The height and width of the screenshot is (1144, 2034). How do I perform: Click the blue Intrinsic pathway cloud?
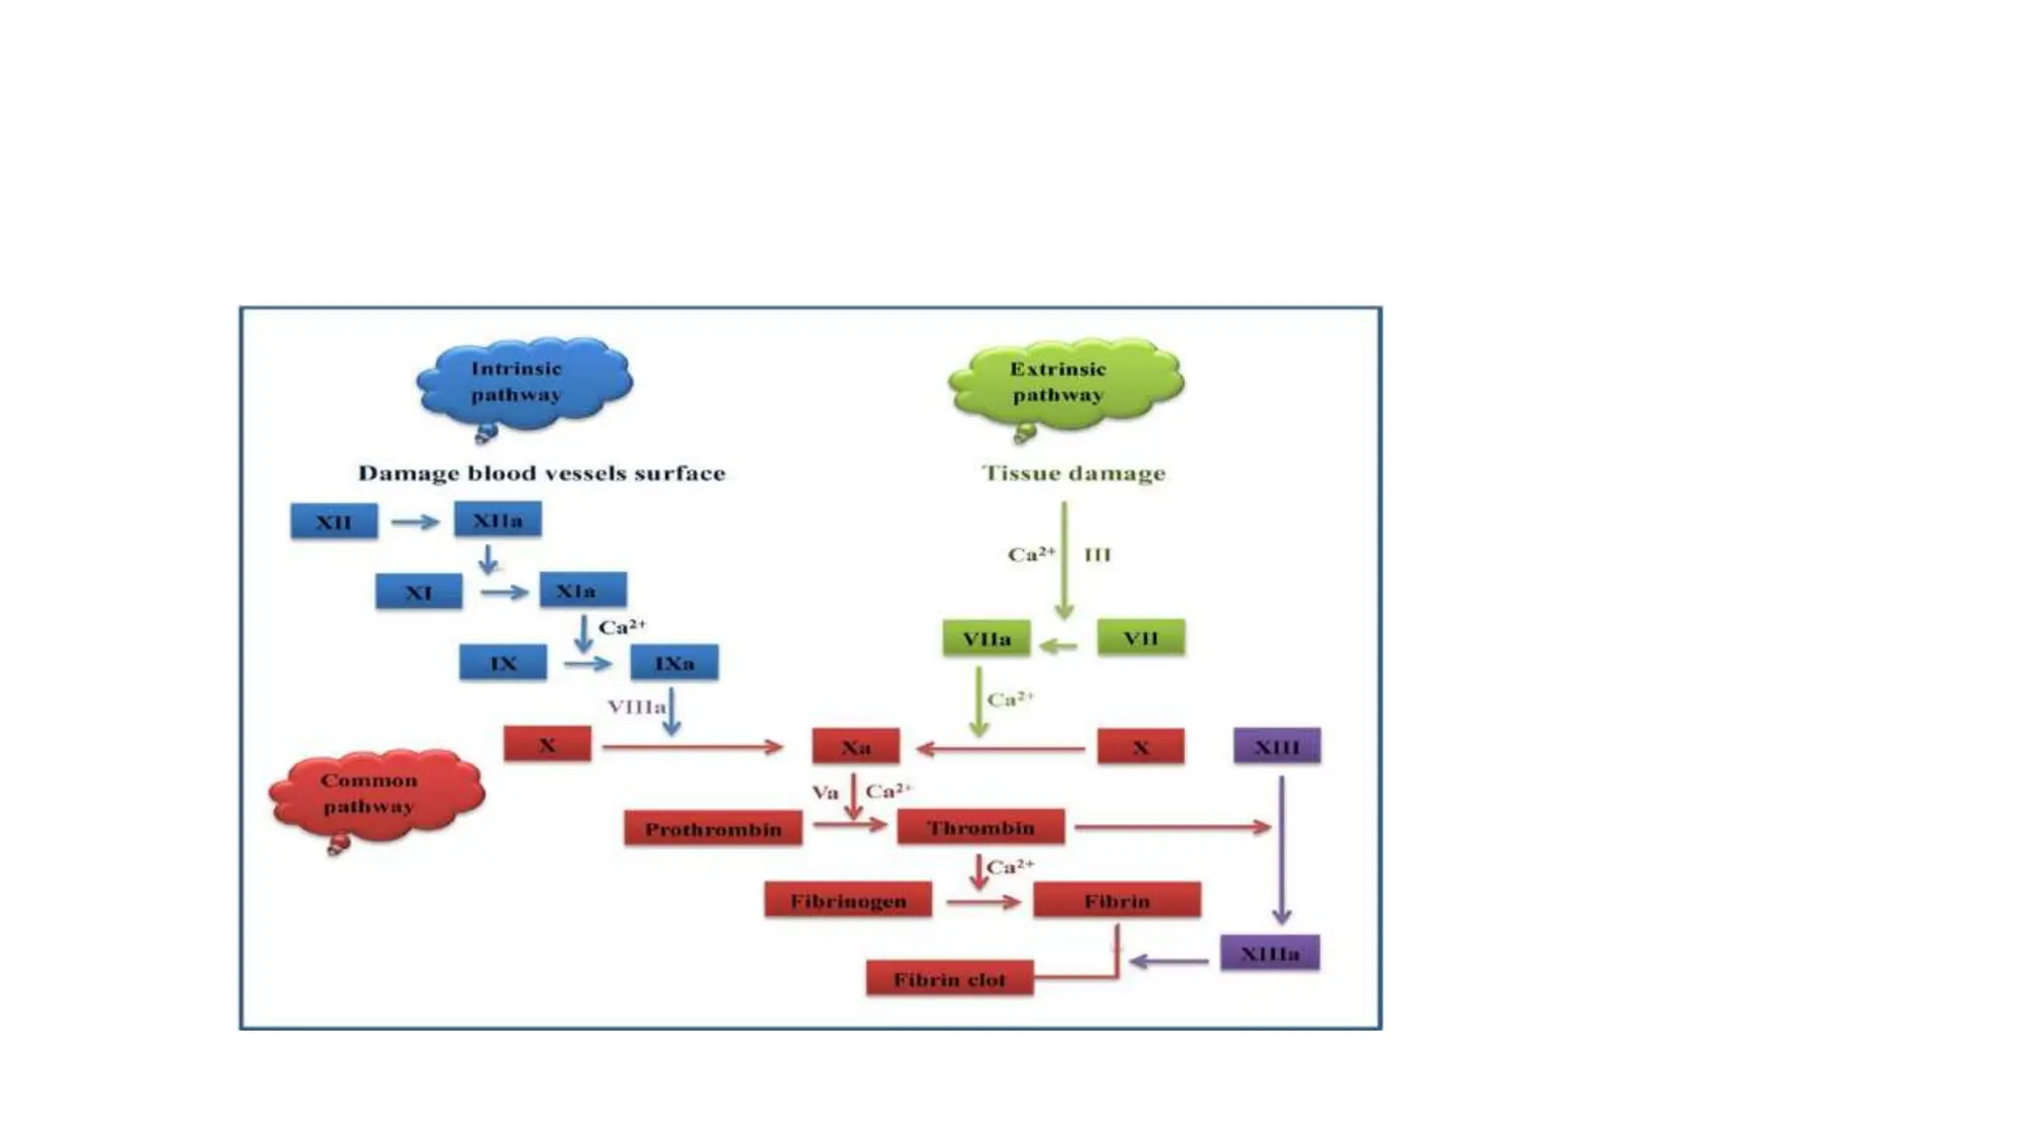(523, 383)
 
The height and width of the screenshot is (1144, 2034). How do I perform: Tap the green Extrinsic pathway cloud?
(1063, 383)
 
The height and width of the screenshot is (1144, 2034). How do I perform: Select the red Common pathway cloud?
(374, 793)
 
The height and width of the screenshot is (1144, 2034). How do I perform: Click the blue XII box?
(334, 521)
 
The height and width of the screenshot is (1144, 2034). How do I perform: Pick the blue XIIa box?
(498, 519)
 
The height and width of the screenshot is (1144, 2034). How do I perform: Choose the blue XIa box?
(582, 590)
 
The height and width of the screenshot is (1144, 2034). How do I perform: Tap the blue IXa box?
(673, 662)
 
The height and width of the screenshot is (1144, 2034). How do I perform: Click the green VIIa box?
(986, 639)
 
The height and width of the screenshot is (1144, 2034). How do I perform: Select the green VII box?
(1140, 638)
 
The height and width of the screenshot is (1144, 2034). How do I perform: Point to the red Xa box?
(855, 747)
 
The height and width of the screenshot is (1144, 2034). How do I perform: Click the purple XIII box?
(1276, 746)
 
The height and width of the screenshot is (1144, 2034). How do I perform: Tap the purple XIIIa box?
(1269, 953)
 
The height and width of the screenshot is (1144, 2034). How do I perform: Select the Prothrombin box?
(713, 828)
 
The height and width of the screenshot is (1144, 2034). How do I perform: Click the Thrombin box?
(980, 827)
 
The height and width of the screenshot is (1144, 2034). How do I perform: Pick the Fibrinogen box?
(848, 901)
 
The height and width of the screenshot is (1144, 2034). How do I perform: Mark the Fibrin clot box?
(948, 979)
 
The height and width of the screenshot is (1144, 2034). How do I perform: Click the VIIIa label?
(636, 706)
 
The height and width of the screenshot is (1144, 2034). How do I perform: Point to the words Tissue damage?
(1073, 473)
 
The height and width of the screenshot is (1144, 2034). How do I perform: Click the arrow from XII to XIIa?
(415, 521)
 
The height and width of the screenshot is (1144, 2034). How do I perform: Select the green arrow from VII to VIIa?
(1059, 646)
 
